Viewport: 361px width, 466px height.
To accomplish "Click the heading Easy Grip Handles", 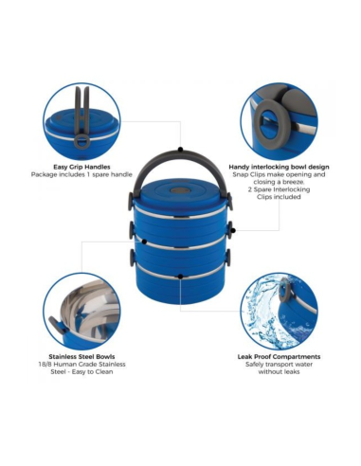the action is click(81, 167).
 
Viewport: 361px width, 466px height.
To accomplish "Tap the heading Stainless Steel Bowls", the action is click(81, 357).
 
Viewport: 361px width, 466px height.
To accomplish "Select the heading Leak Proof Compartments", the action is click(279, 357).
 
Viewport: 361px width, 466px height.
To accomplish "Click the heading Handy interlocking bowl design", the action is click(279, 167).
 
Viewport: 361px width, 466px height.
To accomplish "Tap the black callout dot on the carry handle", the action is click(180, 150).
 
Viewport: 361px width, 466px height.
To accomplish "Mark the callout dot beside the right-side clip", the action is click(233, 231).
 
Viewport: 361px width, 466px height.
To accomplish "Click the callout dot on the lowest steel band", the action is click(180, 277).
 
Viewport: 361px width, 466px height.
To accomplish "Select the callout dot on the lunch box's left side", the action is click(144, 242).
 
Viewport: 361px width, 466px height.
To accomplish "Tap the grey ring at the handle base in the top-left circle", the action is click(81, 141).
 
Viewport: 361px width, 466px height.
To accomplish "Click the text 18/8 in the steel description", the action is click(45, 365).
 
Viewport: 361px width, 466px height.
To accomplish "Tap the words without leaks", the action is click(279, 372).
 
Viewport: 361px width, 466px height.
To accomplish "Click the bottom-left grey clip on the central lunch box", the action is click(132, 257).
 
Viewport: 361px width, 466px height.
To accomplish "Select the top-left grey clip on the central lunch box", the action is click(131, 201).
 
